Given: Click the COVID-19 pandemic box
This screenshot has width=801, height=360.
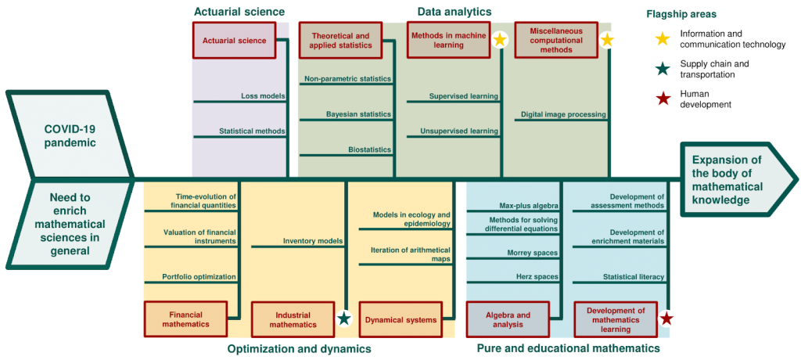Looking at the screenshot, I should (x=69, y=135).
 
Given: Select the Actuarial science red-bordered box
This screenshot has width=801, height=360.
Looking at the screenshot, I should (x=235, y=40).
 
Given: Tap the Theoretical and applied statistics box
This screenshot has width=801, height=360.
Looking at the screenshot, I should (x=340, y=41).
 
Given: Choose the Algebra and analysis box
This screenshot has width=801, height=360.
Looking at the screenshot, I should (x=507, y=319).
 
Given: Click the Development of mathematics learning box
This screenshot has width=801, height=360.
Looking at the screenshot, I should (x=616, y=319).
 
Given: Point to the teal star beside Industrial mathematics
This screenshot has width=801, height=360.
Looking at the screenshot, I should (x=343, y=319).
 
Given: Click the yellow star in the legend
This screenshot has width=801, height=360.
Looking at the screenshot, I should (x=663, y=38).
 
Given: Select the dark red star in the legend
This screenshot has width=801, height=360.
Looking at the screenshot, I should (x=663, y=99).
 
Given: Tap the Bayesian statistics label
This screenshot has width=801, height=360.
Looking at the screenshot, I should (x=358, y=114).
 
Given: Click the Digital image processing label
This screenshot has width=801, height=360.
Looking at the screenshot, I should (x=563, y=114).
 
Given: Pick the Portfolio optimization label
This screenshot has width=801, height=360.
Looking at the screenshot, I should (x=199, y=276).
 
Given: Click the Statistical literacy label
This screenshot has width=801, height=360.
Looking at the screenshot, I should (x=634, y=276).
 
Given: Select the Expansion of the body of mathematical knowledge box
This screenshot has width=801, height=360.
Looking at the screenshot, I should (x=727, y=180).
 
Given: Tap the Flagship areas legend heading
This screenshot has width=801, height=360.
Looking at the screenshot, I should (x=681, y=14).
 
